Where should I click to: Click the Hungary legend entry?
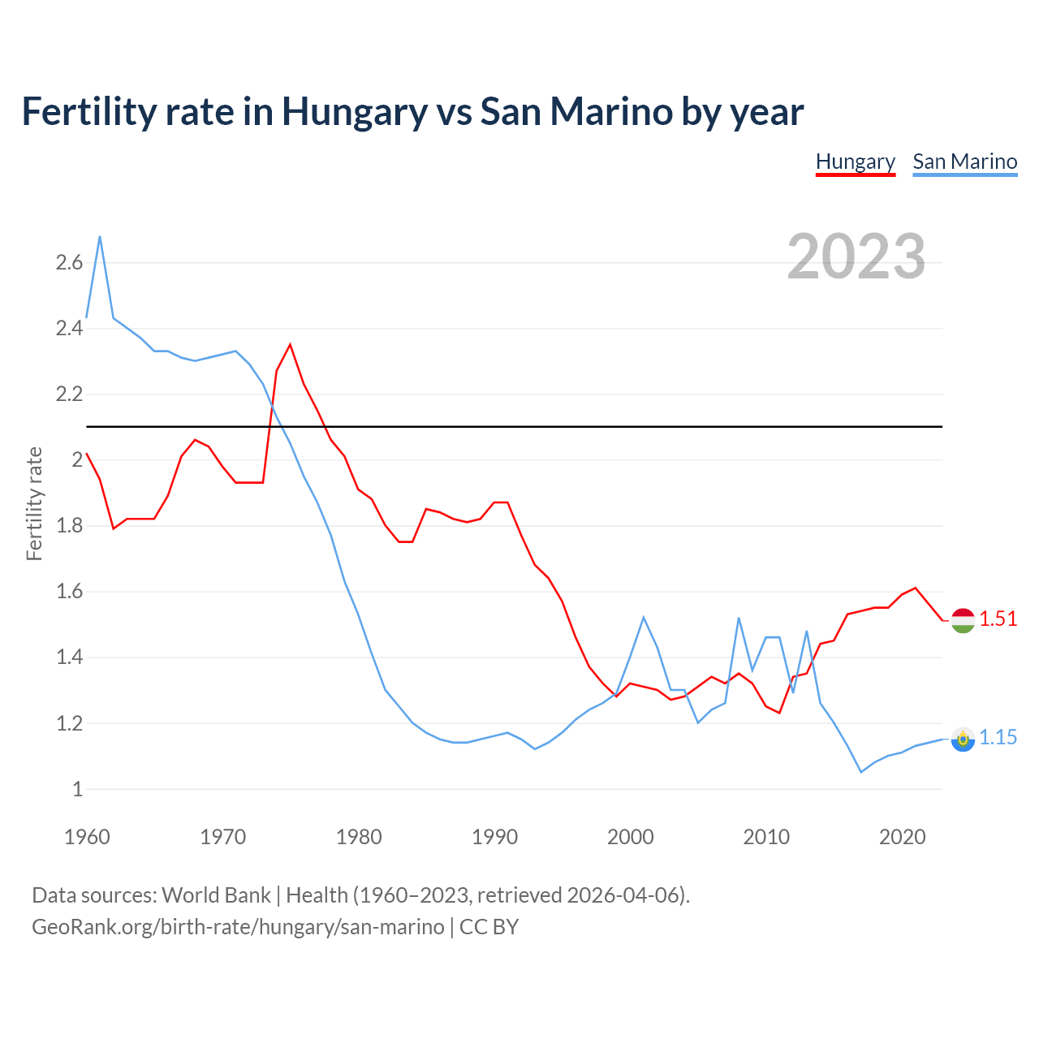coord(855,162)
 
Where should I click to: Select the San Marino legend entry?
coord(964,162)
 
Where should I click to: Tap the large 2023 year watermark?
coord(856,257)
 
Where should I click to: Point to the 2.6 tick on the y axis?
coord(69,262)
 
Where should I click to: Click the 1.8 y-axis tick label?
coord(69,526)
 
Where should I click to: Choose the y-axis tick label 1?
coord(77,789)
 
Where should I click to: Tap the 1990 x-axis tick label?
coord(494,837)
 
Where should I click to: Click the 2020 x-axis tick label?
coord(902,837)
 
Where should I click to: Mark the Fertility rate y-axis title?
coord(34,503)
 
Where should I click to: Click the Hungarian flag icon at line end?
coord(962,620)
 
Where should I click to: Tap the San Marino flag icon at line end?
coord(962,739)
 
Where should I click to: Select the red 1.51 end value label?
coord(998,619)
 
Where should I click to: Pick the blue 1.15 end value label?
coord(998,738)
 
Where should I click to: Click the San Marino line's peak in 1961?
coord(100,237)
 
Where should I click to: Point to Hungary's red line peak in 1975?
coord(290,345)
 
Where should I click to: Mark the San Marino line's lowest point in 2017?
coord(860,772)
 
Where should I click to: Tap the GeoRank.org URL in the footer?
coord(238,927)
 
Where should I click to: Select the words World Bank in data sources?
coord(216,895)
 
